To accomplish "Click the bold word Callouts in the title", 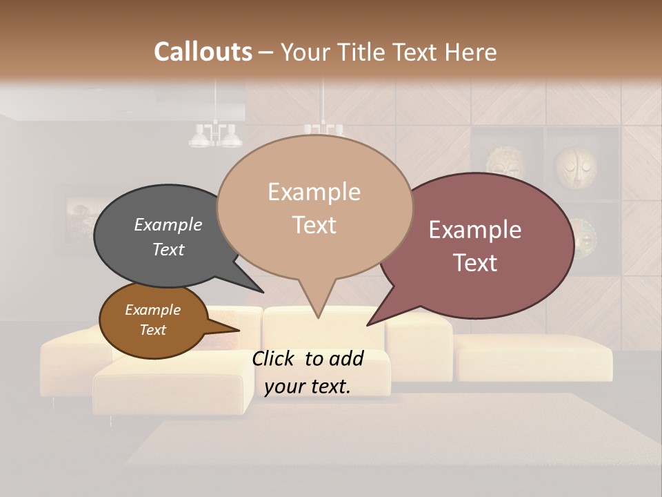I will (203, 52).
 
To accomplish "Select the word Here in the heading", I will (470, 52).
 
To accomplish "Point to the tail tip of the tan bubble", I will (318, 318).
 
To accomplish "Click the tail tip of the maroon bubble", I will (368, 324).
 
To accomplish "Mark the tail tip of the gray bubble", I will (263, 292).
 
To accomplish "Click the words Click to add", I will (308, 358).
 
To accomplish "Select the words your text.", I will (308, 387).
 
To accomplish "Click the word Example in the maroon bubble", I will (475, 230).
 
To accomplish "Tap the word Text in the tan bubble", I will (314, 225).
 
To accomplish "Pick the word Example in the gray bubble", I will (168, 225).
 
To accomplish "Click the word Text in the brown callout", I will (153, 330).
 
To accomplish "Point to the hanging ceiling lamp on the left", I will (215, 135).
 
